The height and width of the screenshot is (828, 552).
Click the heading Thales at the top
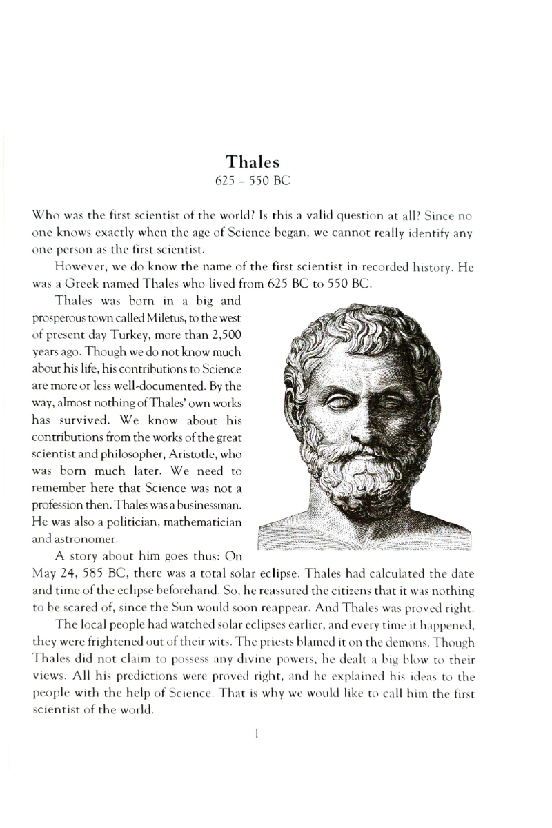[x=253, y=163]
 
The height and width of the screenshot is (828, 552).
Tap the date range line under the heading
[x=253, y=182]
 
